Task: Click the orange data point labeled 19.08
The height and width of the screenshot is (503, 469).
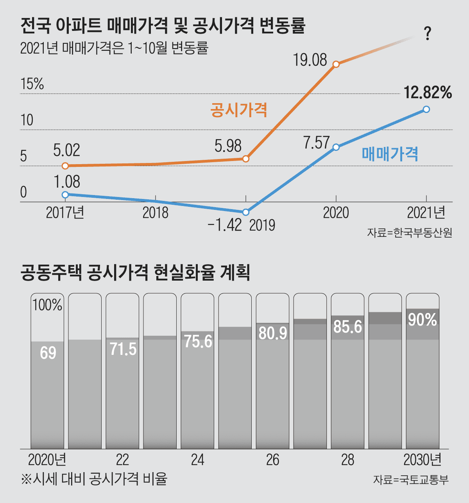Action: [336, 64]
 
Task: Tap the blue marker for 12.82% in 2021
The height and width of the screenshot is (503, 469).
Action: [426, 109]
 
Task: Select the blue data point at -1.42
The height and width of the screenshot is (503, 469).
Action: [245, 212]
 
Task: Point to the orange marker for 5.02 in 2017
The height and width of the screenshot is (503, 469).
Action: [65, 166]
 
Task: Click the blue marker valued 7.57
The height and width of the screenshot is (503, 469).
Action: [336, 147]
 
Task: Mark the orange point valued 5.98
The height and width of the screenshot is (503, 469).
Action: [245, 159]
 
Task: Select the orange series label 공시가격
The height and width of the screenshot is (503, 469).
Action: [238, 110]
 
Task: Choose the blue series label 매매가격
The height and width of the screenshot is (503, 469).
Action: [390, 154]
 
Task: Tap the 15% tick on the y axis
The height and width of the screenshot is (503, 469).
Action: [32, 84]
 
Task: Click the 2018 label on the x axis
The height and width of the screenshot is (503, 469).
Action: [155, 213]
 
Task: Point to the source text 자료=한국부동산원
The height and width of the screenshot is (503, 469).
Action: [409, 233]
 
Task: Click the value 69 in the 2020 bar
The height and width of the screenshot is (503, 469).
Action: [48, 353]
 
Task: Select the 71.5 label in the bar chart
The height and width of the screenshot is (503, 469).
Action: [123, 349]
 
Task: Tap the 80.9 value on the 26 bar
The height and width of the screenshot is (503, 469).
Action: [273, 333]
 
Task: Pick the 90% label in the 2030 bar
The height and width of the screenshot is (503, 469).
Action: [422, 320]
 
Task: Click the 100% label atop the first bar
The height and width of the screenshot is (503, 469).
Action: [47, 305]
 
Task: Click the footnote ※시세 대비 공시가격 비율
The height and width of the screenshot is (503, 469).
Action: [94, 479]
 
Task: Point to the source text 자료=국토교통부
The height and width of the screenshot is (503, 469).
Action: [410, 480]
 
